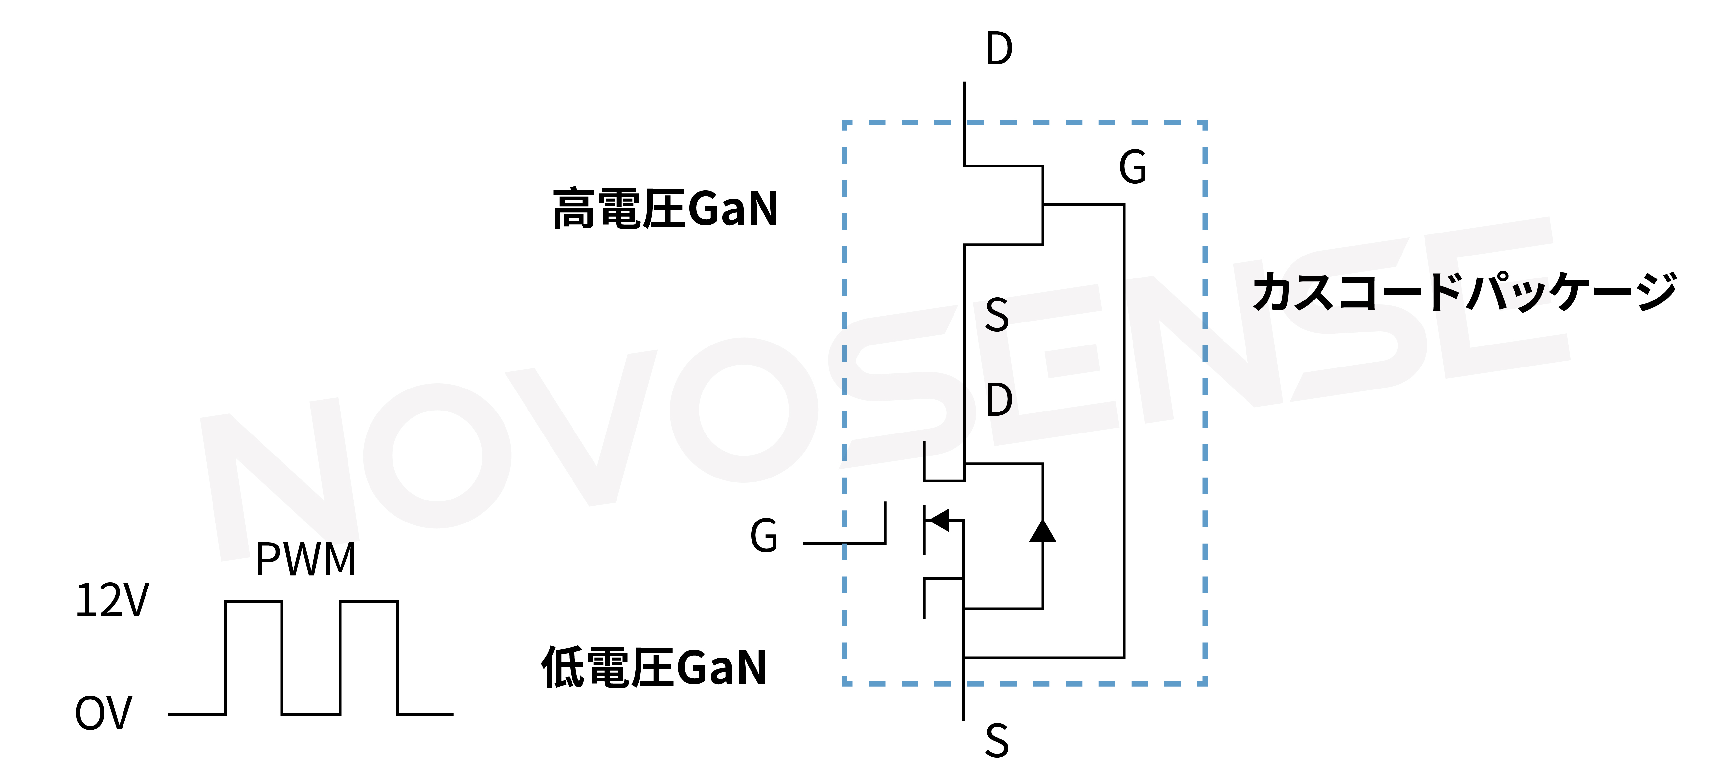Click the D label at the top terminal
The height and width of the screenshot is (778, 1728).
click(x=999, y=49)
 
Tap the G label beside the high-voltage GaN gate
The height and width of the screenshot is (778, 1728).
click(x=1133, y=167)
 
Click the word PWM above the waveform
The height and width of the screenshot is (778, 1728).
click(x=306, y=559)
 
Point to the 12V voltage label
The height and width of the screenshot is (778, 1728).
click(x=112, y=600)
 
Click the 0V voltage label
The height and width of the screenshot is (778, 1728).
click(x=103, y=713)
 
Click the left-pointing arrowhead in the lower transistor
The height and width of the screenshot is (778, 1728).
click(x=939, y=520)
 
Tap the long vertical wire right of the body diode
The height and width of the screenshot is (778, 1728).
click(x=1124, y=429)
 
